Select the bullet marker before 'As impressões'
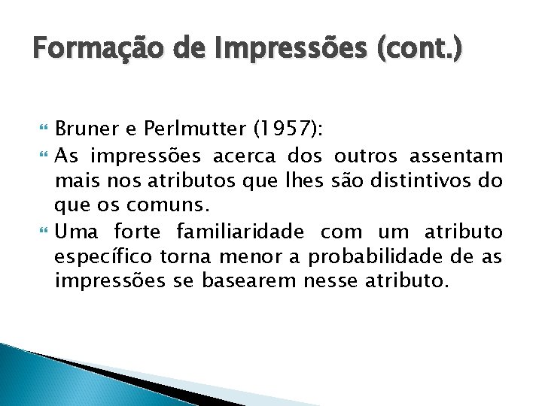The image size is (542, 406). pyautogui.click(x=41, y=156)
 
